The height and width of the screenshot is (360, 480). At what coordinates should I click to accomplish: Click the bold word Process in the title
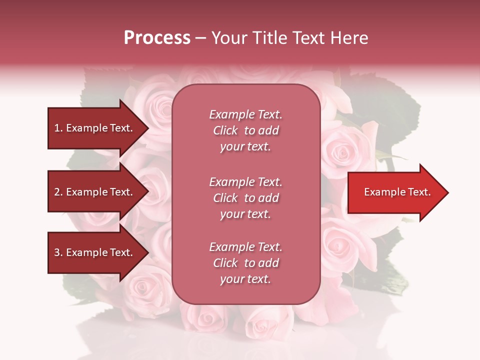[157, 38]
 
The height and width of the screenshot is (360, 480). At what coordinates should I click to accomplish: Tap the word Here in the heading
[348, 38]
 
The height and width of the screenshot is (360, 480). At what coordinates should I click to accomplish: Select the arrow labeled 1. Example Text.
[95, 128]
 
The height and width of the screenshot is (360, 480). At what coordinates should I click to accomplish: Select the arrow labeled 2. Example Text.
[95, 192]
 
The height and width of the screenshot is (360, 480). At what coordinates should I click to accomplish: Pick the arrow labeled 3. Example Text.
[95, 252]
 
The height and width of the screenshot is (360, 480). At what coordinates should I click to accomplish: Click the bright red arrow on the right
[395, 192]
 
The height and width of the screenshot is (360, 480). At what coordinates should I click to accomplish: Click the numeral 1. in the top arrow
[58, 128]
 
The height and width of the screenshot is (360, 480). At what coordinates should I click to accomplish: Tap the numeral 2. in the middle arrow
[58, 192]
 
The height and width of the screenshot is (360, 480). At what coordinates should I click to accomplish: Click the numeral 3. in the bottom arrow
[58, 253]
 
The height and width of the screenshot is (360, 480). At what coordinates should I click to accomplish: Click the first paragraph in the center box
[245, 130]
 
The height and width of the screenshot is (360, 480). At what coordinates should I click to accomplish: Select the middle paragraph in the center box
[245, 198]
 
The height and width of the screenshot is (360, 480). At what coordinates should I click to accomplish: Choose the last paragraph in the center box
[245, 263]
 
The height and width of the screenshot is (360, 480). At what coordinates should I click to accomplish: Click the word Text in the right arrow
[418, 192]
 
